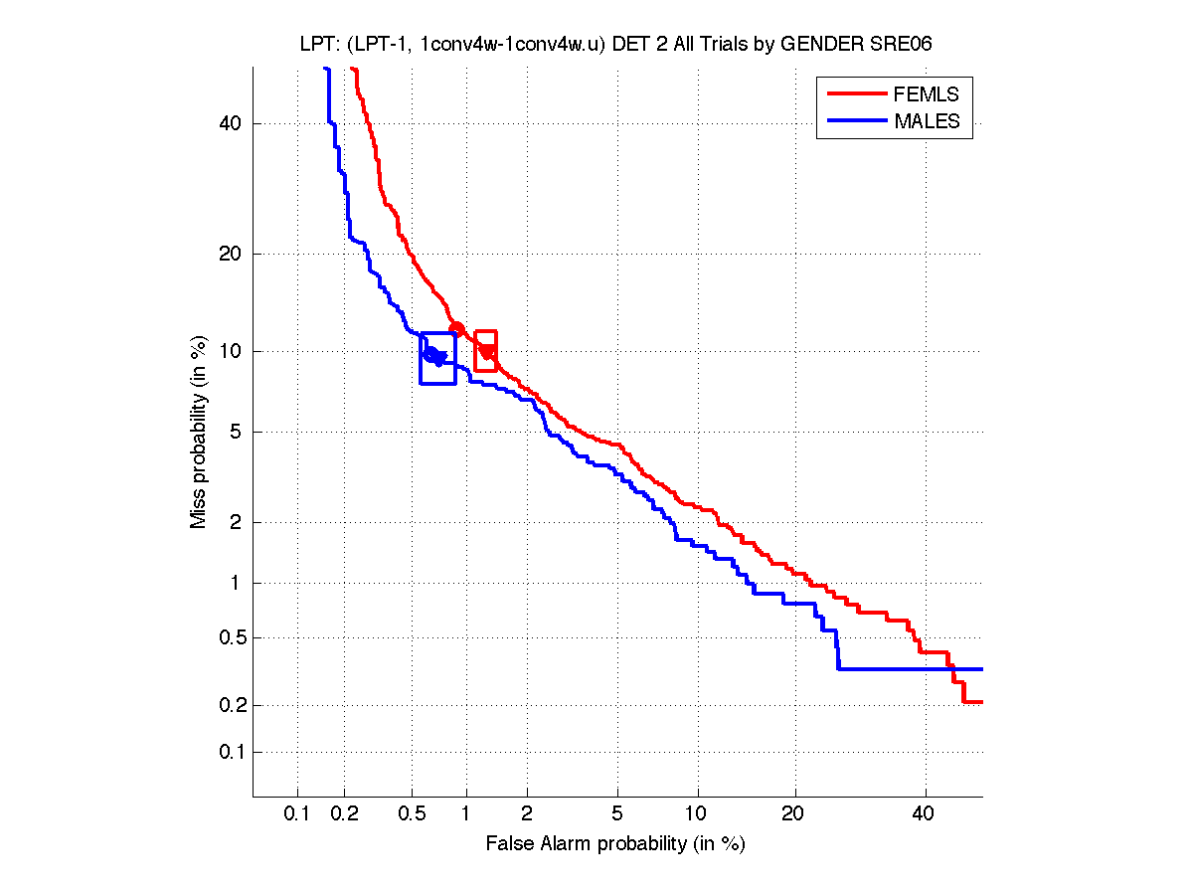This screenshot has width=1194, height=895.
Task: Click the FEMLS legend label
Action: (926, 94)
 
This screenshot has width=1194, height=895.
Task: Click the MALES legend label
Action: (927, 121)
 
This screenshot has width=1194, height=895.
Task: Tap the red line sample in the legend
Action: (855, 94)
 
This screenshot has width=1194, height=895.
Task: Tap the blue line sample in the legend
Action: (855, 121)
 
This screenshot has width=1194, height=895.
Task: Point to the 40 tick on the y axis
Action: (232, 123)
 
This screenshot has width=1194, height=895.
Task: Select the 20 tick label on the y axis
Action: (232, 254)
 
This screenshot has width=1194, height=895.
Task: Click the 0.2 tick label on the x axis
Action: (345, 814)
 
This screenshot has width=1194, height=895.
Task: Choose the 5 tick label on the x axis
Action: (617, 814)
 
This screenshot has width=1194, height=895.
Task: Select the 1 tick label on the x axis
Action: (466, 814)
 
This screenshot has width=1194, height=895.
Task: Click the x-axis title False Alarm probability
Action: (615, 844)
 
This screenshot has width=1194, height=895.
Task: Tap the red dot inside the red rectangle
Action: (487, 351)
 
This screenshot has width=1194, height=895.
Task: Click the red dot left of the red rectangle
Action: (457, 329)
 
